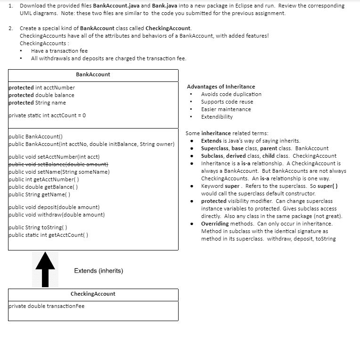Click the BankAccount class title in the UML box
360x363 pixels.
[x=93, y=74]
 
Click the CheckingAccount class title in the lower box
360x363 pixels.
[x=93, y=294]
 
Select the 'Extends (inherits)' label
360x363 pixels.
[x=98, y=271]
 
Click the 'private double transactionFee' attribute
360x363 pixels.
[x=47, y=306]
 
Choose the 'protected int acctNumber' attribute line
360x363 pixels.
[x=42, y=88]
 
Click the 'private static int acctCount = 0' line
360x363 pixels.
[x=48, y=115]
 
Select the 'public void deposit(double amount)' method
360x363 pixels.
[x=54, y=207]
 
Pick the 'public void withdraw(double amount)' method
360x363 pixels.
[x=57, y=215]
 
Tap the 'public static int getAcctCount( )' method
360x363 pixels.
[x=49, y=235]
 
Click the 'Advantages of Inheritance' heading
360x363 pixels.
[x=221, y=87]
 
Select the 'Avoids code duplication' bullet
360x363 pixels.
[x=231, y=94]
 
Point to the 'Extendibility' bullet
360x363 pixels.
[x=217, y=117]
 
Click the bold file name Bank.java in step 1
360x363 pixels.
[x=165, y=6]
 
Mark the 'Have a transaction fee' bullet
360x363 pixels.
[x=59, y=51]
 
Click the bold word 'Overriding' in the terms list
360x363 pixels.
[x=215, y=224]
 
